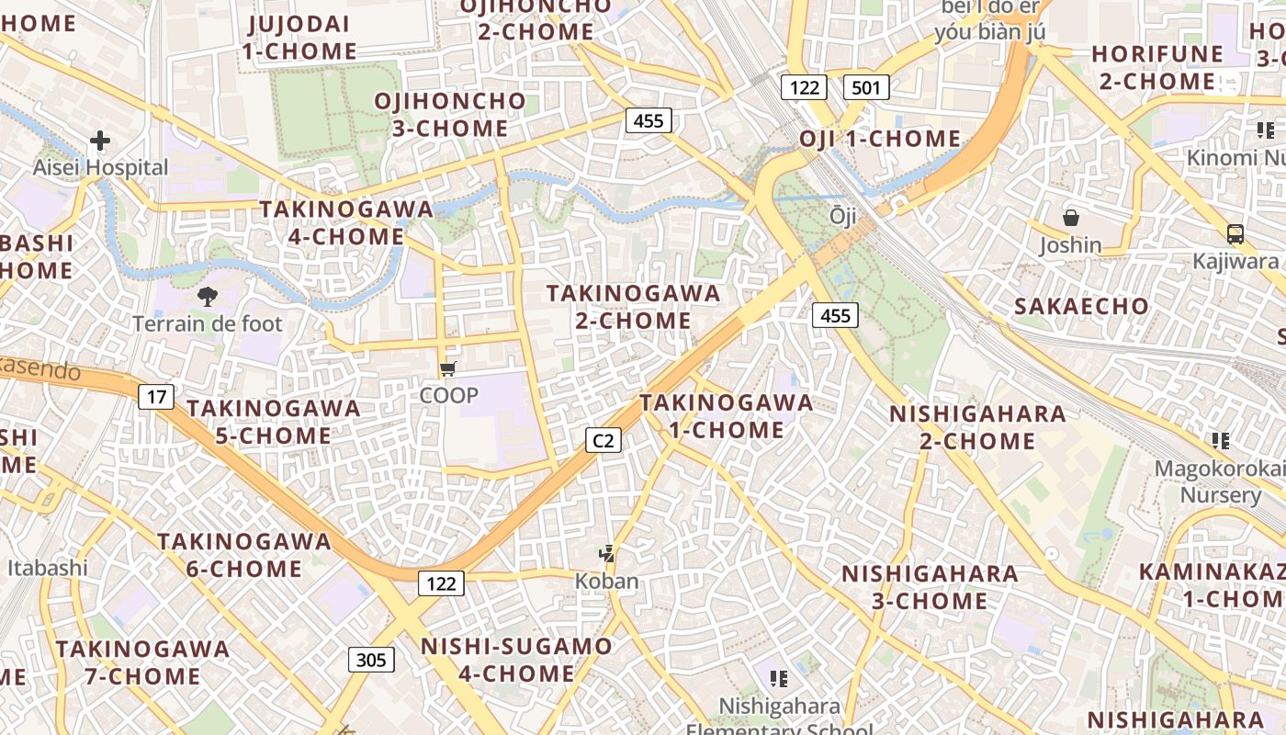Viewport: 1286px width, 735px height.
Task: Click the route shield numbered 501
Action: pyautogui.click(x=865, y=88)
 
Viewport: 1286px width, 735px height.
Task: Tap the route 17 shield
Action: pyautogui.click(x=156, y=397)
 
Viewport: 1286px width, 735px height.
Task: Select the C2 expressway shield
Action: pyautogui.click(x=603, y=441)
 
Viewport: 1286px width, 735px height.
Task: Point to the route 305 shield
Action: pyautogui.click(x=371, y=660)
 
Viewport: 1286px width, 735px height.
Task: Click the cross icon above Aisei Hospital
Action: pyautogui.click(x=100, y=141)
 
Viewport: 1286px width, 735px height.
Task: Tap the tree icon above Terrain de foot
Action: pyautogui.click(x=208, y=296)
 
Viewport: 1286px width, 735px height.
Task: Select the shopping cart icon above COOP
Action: pyautogui.click(x=447, y=369)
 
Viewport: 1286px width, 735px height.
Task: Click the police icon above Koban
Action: pyautogui.click(x=605, y=553)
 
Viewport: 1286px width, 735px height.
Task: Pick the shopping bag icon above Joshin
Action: pyautogui.click(x=1070, y=218)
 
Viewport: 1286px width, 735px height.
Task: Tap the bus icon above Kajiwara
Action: pyautogui.click(x=1235, y=233)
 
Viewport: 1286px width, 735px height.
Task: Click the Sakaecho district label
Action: pyautogui.click(x=1081, y=307)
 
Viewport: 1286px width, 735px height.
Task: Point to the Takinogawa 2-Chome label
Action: pyautogui.click(x=634, y=307)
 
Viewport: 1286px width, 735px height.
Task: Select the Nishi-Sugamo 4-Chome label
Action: pyautogui.click(x=516, y=660)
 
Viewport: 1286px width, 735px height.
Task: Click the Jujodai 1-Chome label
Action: pyautogui.click(x=299, y=37)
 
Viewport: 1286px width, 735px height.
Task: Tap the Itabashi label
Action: pyautogui.click(x=48, y=567)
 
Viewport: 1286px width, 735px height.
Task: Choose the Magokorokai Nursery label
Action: pyautogui.click(x=1220, y=481)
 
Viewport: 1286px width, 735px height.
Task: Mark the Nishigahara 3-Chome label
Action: pyautogui.click(x=930, y=587)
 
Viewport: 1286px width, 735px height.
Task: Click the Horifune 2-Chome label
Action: pyautogui.click(x=1157, y=67)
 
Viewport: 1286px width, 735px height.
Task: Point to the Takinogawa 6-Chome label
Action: pyautogui.click(x=244, y=554)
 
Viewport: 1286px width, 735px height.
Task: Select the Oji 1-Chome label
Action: pyautogui.click(x=880, y=140)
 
